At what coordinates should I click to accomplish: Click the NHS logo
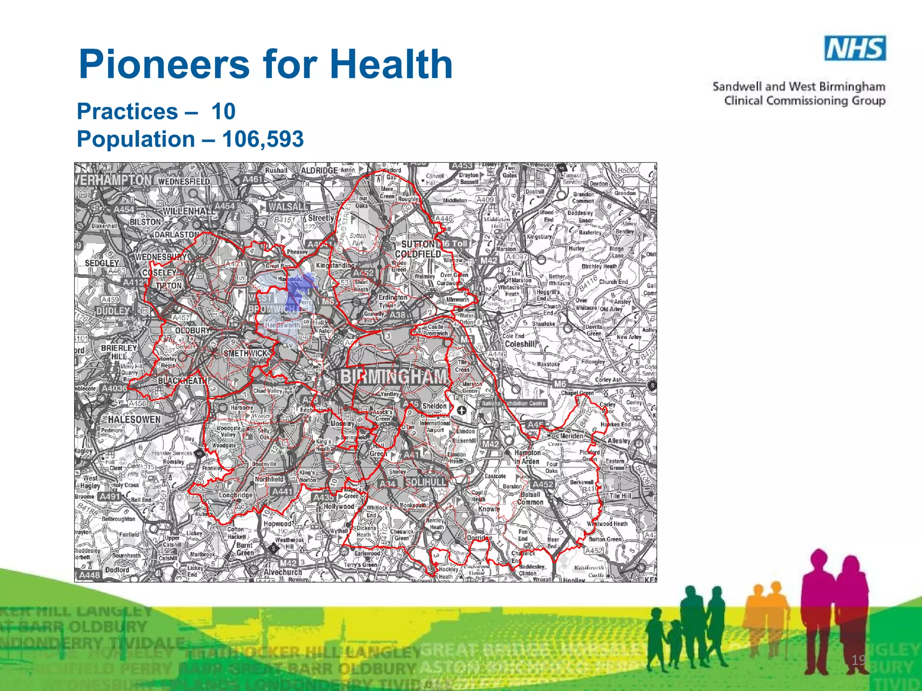[x=855, y=48]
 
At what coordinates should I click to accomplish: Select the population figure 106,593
[x=263, y=139]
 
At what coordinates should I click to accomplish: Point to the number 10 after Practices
[x=223, y=111]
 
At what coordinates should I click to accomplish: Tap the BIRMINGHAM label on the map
[x=395, y=377]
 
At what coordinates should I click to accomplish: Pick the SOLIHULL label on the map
[x=426, y=482]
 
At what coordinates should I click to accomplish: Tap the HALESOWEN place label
[x=134, y=419]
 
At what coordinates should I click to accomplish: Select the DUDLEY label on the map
[x=113, y=311]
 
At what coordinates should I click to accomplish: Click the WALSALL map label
[x=287, y=206]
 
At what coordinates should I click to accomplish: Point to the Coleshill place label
[x=520, y=344]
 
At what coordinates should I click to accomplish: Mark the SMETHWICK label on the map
[x=246, y=354]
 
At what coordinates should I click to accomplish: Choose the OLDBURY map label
[x=193, y=331]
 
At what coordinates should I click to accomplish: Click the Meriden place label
[x=571, y=436]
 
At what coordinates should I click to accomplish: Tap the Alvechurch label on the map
[x=283, y=572]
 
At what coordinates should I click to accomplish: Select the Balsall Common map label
[x=530, y=498]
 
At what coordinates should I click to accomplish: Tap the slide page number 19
[x=858, y=660]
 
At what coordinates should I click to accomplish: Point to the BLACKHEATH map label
[x=182, y=381]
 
